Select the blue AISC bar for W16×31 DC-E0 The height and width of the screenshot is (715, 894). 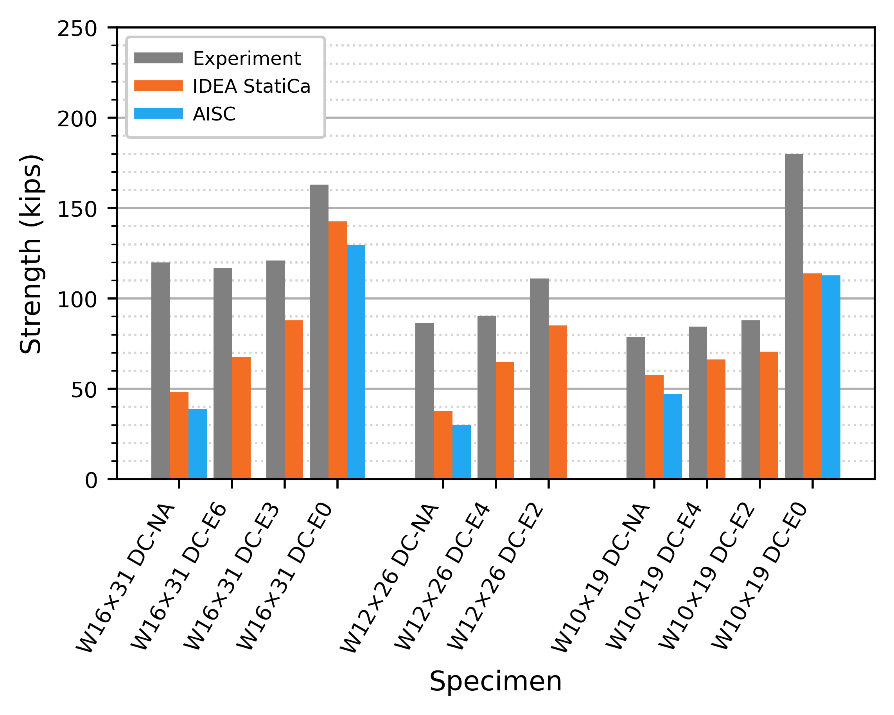point(356,362)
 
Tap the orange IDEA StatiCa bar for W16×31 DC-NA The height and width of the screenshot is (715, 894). point(179,435)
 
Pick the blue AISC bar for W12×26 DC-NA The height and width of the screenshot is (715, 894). point(461,452)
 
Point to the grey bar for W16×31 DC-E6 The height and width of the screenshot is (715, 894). point(223,373)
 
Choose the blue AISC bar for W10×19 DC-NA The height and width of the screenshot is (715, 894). point(673,436)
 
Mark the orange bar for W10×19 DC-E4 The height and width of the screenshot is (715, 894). point(716,419)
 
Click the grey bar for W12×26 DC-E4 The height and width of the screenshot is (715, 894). point(486,397)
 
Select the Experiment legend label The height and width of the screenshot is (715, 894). point(247,59)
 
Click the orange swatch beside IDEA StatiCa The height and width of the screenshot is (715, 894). point(158,86)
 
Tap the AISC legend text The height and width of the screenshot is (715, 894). point(214,114)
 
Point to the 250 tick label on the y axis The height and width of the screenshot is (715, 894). point(77,29)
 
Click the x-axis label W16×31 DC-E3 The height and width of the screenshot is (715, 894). point(232,577)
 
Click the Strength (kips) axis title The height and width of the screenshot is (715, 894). point(31,254)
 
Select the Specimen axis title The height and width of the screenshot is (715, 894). point(495,681)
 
